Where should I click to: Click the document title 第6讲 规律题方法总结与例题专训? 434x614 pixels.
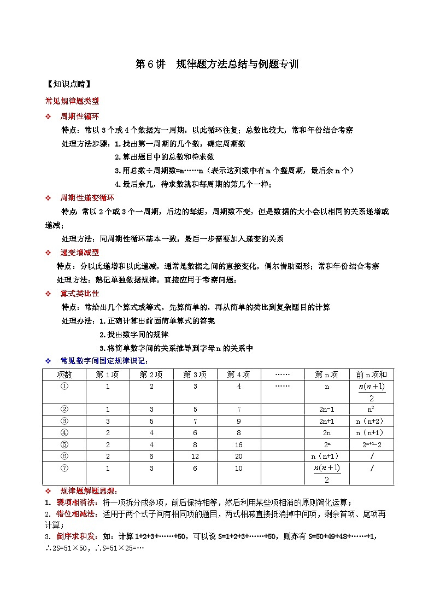click(x=216, y=65)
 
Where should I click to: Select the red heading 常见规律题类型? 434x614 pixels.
click(x=72, y=101)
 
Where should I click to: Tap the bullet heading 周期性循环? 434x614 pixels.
click(x=79, y=116)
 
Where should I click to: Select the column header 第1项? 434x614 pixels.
click(x=108, y=375)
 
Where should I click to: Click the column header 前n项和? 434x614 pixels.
click(x=371, y=375)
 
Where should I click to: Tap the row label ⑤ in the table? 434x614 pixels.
click(x=64, y=445)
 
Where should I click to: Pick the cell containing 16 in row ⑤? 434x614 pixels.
click(x=239, y=445)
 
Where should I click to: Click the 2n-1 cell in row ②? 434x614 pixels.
click(x=327, y=409)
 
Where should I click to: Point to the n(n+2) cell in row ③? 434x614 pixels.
click(x=371, y=421)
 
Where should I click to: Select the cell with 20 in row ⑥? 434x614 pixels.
click(x=239, y=456)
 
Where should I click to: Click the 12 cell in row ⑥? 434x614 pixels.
click(x=195, y=456)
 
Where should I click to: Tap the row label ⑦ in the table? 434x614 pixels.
click(x=64, y=468)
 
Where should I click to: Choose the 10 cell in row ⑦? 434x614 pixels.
click(x=239, y=468)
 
